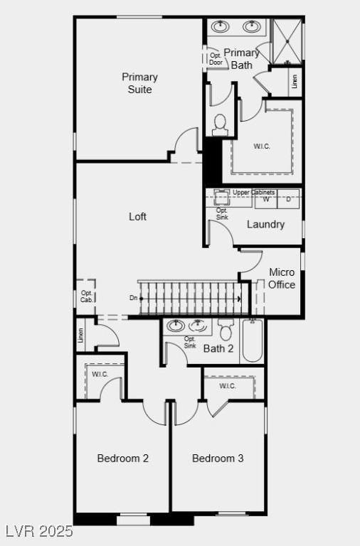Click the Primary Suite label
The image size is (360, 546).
point(139,83)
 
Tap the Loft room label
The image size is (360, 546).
point(137,216)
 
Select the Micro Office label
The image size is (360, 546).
point(282,279)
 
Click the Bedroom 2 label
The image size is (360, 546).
point(122,459)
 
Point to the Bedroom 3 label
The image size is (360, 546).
point(218,459)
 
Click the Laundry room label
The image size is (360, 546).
point(265,225)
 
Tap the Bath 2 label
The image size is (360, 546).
point(218,348)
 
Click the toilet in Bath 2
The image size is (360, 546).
point(226,331)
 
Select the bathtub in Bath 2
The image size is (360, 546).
point(253,341)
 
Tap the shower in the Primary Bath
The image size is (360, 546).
point(287,41)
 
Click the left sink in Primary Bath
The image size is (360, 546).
point(221,28)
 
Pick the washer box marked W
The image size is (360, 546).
point(266,200)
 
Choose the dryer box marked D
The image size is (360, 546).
point(289,200)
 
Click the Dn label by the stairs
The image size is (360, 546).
point(133,299)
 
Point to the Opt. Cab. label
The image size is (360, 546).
point(87,296)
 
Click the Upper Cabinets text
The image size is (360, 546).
point(253,193)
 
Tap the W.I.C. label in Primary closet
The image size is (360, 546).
point(262,146)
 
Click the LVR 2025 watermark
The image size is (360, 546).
point(38,531)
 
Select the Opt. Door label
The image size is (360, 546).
point(216,58)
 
